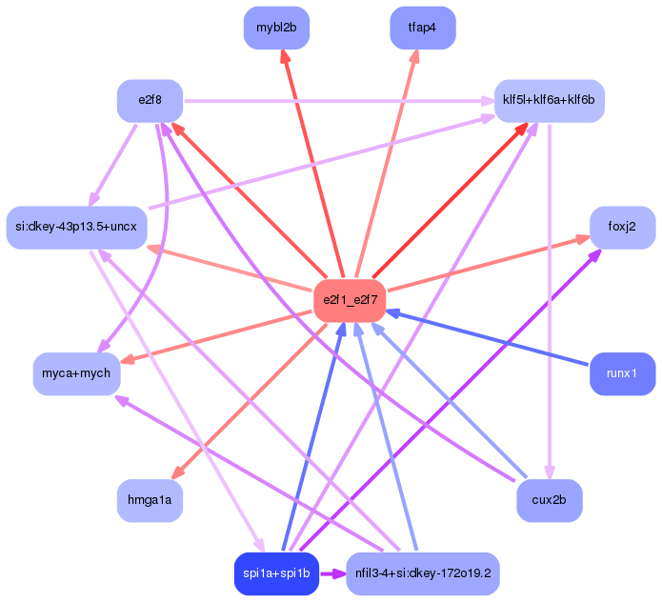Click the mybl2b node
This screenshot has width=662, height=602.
[x=276, y=28]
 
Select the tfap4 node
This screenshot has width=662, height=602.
[x=423, y=28]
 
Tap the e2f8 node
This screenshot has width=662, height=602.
[x=150, y=101]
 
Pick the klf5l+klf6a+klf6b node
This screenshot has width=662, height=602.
[x=550, y=101]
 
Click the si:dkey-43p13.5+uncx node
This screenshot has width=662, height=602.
[x=76, y=228]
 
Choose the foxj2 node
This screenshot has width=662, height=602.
[x=622, y=228]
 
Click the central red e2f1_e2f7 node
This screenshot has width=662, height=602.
[x=350, y=301]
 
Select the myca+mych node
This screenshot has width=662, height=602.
[x=76, y=373]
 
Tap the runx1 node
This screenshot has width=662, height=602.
[x=622, y=373]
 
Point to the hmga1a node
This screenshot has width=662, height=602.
[x=150, y=500]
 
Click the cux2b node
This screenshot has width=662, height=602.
[x=550, y=500]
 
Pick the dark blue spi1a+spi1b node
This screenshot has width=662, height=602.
[x=276, y=573]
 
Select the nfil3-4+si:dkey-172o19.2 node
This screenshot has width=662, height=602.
[x=423, y=573]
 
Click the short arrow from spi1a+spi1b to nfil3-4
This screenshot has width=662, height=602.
[x=332, y=573]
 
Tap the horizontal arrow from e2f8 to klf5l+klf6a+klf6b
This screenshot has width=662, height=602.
[x=339, y=101]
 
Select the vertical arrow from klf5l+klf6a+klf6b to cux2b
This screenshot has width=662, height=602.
[x=550, y=301]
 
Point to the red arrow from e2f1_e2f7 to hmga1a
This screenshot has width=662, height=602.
[x=250, y=401]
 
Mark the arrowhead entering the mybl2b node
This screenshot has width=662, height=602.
[x=286, y=56]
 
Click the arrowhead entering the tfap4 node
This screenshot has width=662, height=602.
[x=414, y=56]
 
